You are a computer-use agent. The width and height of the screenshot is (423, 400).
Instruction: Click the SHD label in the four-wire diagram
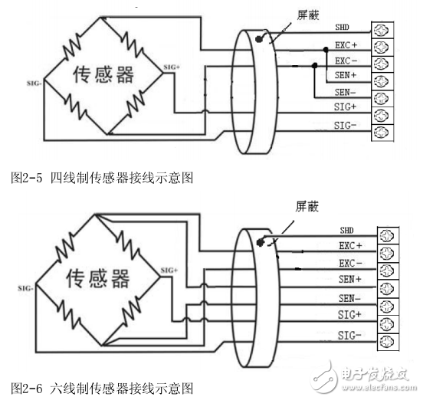click(342, 28)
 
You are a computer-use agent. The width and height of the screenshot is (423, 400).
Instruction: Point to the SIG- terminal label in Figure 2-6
click(349, 335)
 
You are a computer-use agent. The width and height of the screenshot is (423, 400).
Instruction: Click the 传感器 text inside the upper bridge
click(103, 75)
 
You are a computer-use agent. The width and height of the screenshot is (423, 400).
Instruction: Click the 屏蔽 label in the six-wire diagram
click(307, 206)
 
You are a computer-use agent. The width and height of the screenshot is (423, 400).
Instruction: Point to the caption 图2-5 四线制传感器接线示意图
click(100, 178)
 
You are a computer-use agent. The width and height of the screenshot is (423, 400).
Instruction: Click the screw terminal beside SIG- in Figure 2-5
click(381, 132)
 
